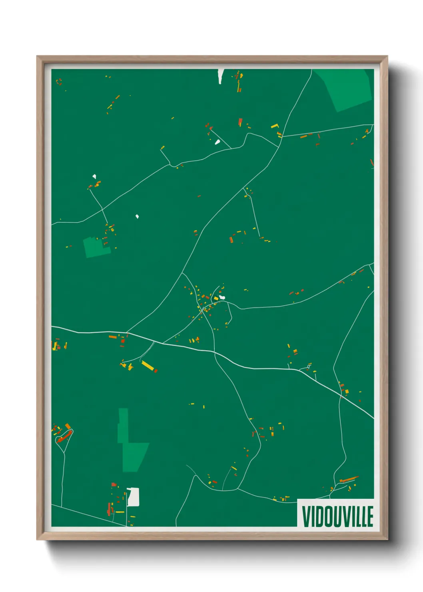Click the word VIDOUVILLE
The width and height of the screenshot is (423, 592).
click(x=337, y=516)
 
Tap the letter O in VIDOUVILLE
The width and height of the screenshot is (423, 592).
click(x=324, y=516)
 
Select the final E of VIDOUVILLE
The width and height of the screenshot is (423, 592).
click(x=370, y=516)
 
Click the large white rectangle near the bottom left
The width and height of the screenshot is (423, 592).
click(x=133, y=497)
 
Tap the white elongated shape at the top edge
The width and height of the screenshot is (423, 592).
click(x=221, y=76)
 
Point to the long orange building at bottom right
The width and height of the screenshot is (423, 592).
click(x=349, y=479)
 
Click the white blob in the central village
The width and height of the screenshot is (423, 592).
click(x=222, y=297)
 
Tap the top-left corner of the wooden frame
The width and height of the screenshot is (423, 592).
click(x=38, y=57)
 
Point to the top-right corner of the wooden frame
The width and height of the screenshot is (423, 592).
click(x=387, y=57)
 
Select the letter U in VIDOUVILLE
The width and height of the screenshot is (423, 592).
click(x=333, y=516)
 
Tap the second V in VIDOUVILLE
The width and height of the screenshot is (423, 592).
click(x=342, y=516)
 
